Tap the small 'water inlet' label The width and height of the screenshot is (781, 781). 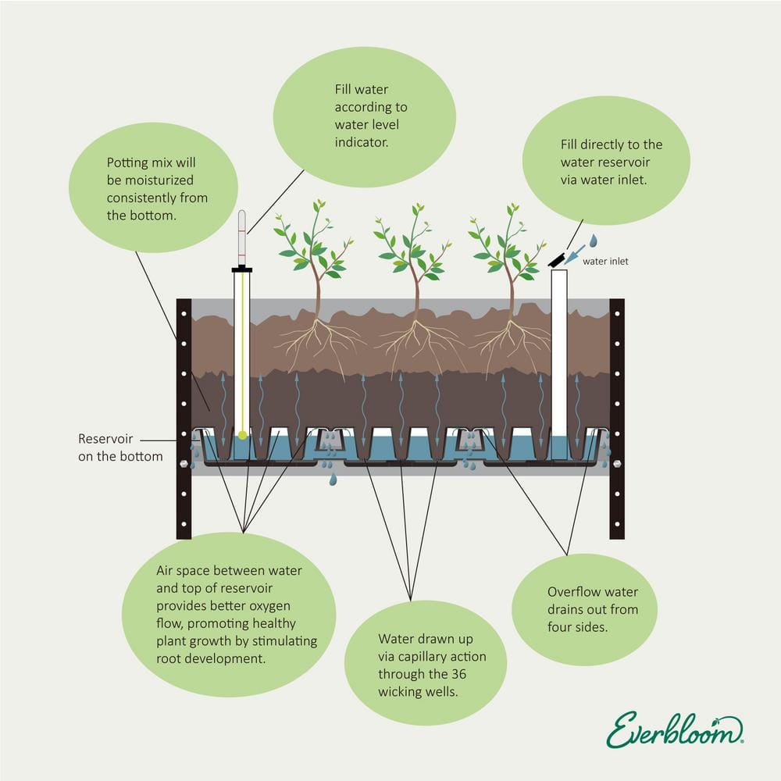point(605,262)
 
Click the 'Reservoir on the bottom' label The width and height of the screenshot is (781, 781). point(120,447)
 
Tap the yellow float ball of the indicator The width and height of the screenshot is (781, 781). point(243,434)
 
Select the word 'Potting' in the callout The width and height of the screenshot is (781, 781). point(127,163)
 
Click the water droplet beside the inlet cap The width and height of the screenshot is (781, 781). point(593,241)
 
